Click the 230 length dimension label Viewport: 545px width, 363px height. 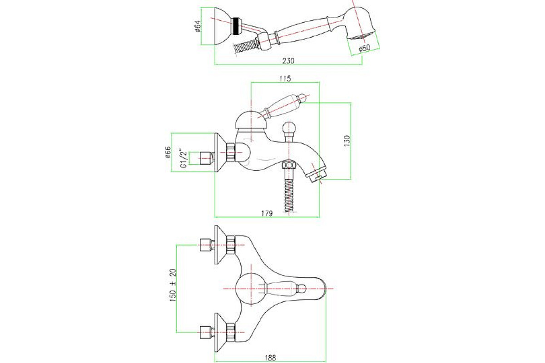tap(288, 61)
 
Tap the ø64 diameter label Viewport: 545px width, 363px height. tap(197, 26)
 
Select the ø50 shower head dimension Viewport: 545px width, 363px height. tap(364, 48)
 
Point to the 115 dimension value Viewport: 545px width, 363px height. tap(285, 78)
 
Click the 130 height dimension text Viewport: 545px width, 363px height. tap(347, 141)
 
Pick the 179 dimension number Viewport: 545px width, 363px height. tap(267, 213)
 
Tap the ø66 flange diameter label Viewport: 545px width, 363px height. tap(168, 152)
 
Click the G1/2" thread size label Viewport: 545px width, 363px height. tap(184, 158)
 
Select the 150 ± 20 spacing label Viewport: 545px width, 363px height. tap(173, 285)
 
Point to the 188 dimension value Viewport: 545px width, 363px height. tap(270, 358)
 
